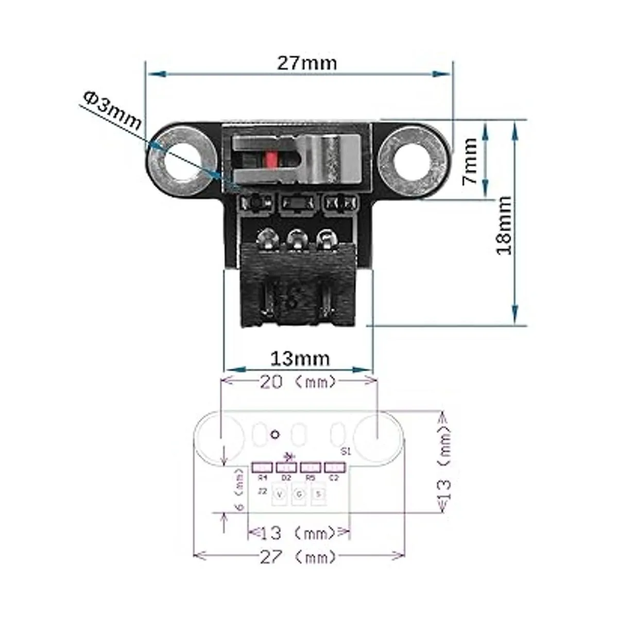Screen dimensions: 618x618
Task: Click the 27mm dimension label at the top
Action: tap(307, 63)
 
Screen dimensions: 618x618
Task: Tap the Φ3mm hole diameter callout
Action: tap(112, 110)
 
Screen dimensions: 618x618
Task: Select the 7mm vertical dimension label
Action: tap(469, 162)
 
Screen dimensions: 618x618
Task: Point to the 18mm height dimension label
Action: tap(504, 225)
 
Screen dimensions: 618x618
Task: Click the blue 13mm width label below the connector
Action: tap(300, 358)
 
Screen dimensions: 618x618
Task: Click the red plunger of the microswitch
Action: tap(271, 160)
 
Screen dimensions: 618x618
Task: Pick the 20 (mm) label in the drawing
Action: tap(298, 382)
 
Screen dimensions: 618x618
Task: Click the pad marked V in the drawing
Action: tap(280, 494)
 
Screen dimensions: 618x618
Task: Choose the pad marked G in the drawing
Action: tap(299, 494)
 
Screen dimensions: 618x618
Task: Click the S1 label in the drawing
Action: tap(346, 452)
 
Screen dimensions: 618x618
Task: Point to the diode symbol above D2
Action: tap(288, 456)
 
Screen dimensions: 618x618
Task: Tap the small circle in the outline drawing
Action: tap(276, 434)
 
